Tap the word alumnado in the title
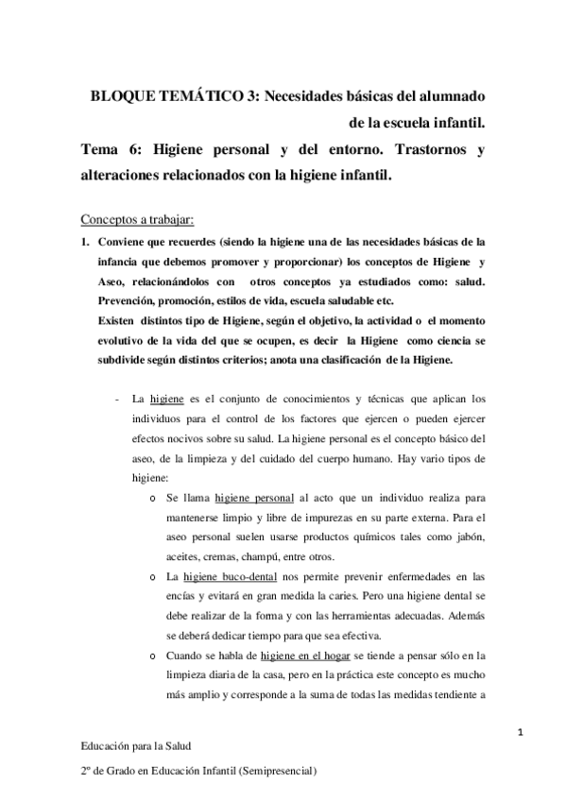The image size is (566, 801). pyautogui.click(x=444, y=97)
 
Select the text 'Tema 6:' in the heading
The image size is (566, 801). pyautogui.click(x=106, y=149)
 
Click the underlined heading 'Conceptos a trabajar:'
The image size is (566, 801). pyautogui.click(x=137, y=220)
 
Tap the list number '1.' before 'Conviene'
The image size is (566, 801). pyautogui.click(x=83, y=242)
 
